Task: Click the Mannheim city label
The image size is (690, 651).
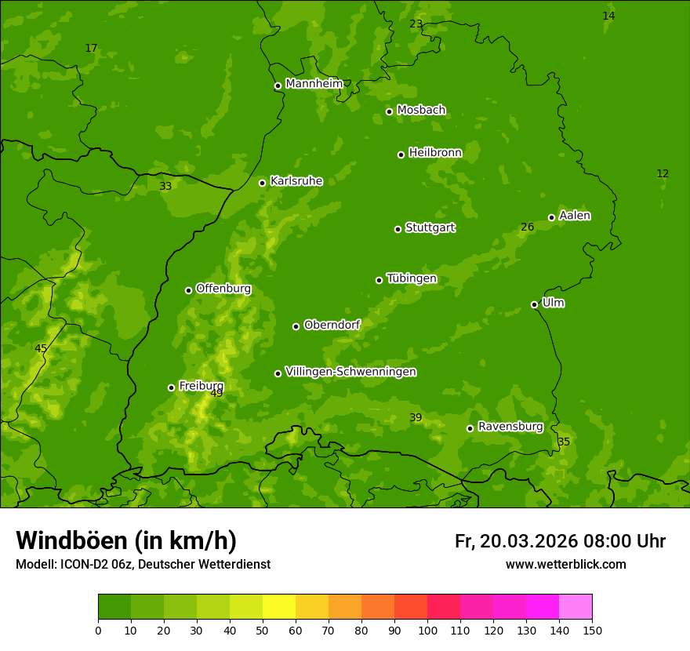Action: pos(314,84)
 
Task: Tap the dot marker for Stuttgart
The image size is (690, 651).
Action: pos(398,229)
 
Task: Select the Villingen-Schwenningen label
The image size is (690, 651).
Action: pos(350,372)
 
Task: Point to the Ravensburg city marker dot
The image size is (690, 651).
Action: pos(470,428)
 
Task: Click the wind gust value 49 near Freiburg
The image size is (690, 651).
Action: pos(216,393)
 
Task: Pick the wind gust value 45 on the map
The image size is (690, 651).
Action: pos(41,348)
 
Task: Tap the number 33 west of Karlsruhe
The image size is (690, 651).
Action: pos(165,186)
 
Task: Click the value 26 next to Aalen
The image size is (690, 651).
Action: pos(528,227)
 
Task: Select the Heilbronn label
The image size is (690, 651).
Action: pos(435,153)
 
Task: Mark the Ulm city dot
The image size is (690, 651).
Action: pos(534,304)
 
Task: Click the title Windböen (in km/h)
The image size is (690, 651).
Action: pos(126,540)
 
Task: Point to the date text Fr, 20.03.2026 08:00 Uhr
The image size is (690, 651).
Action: pos(560,541)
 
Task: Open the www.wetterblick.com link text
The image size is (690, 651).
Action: pos(565,564)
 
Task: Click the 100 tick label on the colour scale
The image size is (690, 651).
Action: pos(427,630)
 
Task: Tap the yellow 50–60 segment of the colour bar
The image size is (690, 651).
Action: pos(279,607)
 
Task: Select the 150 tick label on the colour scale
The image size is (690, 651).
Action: pos(592,630)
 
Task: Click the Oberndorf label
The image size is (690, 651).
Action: pos(332,325)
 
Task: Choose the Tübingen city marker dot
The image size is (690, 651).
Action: pos(379,280)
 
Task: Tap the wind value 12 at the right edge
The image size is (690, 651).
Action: pos(663,173)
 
